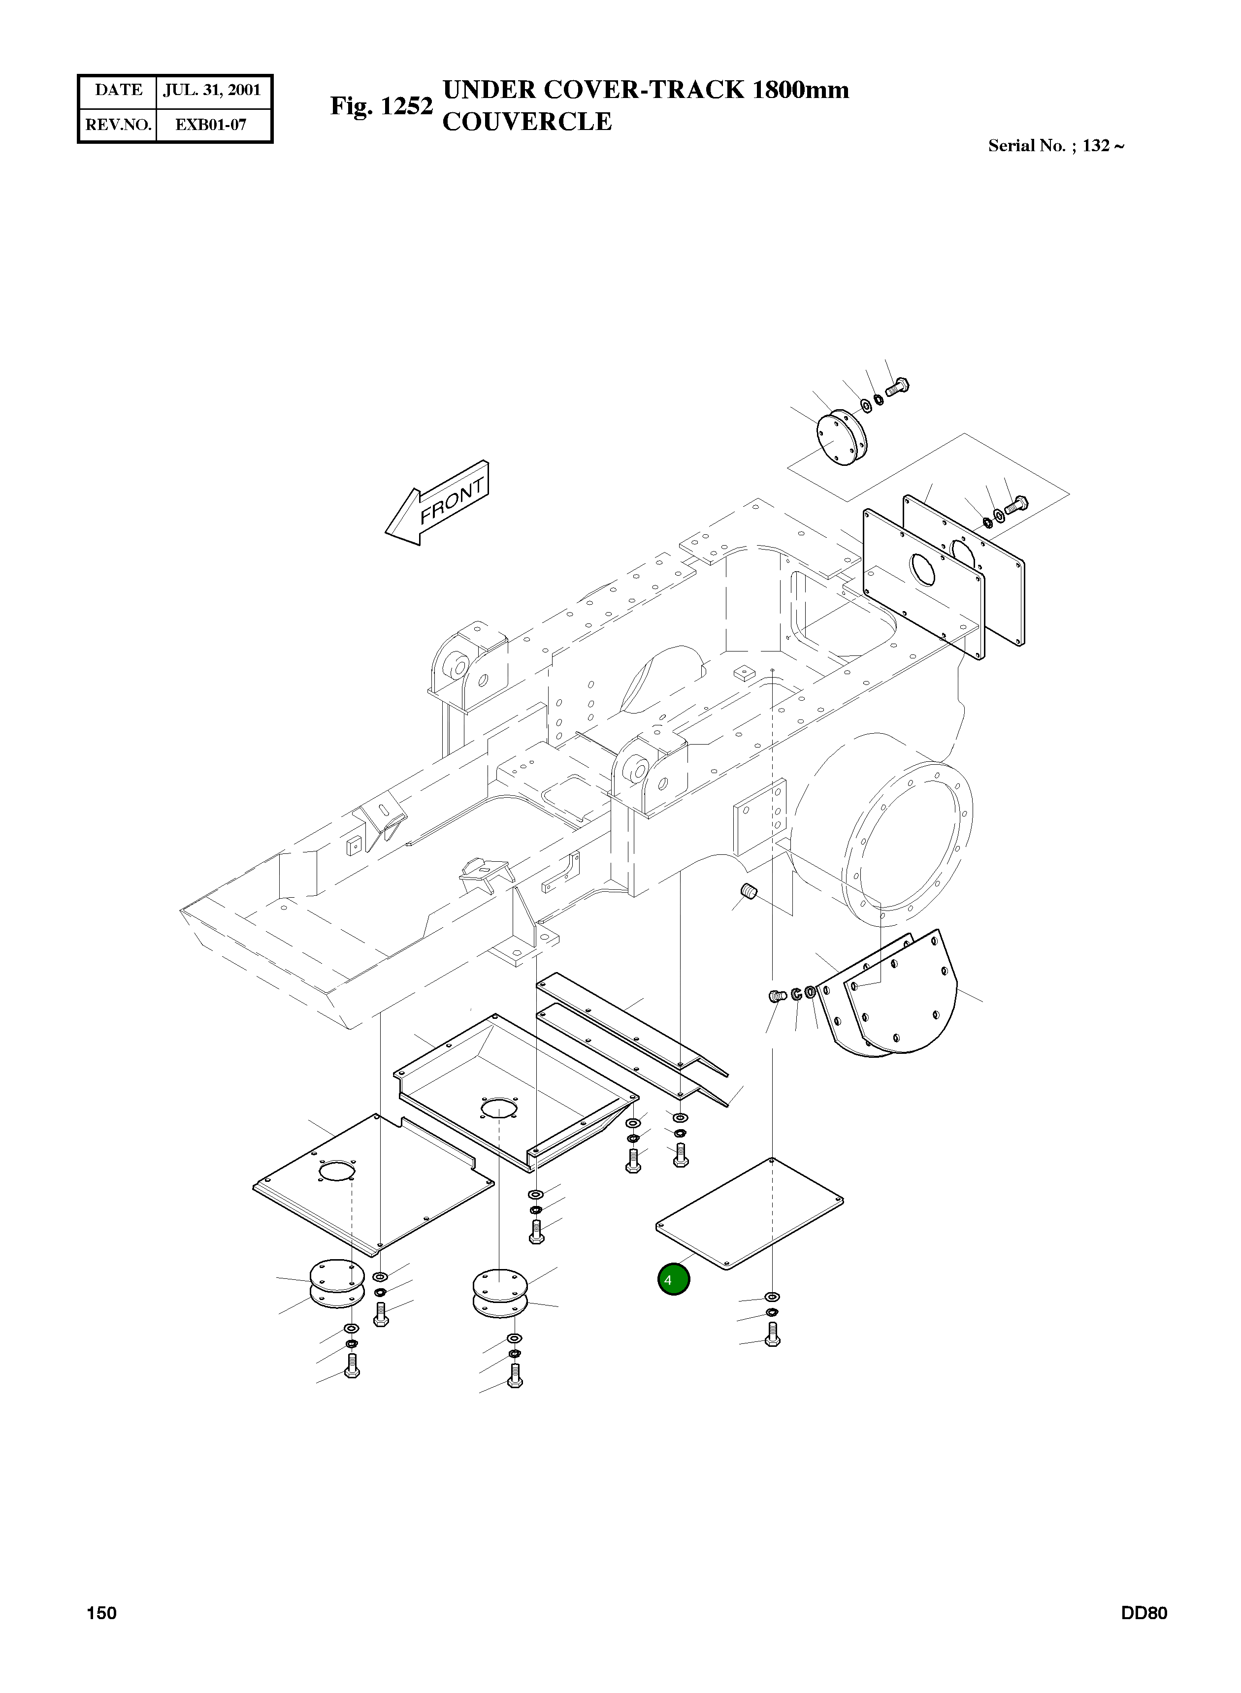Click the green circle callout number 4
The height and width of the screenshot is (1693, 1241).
[673, 1279]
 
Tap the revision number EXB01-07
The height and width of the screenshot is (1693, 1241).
[211, 125]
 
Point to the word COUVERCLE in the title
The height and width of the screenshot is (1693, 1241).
[526, 121]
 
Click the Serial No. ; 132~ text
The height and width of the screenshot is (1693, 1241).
[1055, 146]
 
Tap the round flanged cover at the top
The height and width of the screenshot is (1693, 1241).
[840, 437]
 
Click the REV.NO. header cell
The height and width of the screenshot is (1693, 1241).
[118, 125]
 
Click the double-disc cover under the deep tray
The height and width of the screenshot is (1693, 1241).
[499, 1292]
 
